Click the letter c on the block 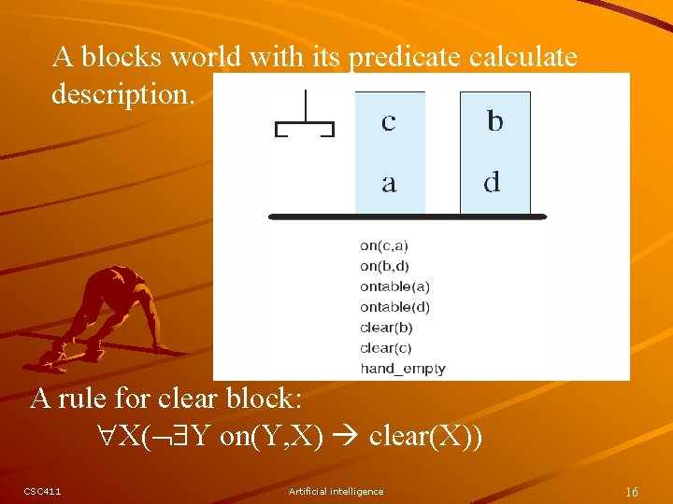(389, 122)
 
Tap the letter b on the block (495, 121)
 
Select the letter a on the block (389, 183)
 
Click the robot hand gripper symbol (305, 118)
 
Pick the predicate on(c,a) (384, 245)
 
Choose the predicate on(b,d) (384, 266)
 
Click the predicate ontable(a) (394, 287)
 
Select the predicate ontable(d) (394, 307)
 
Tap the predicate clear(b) (386, 328)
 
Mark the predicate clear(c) (386, 348)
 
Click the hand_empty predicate (403, 369)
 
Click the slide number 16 (632, 491)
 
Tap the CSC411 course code (43, 491)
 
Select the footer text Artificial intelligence (336, 491)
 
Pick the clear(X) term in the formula (426, 437)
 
